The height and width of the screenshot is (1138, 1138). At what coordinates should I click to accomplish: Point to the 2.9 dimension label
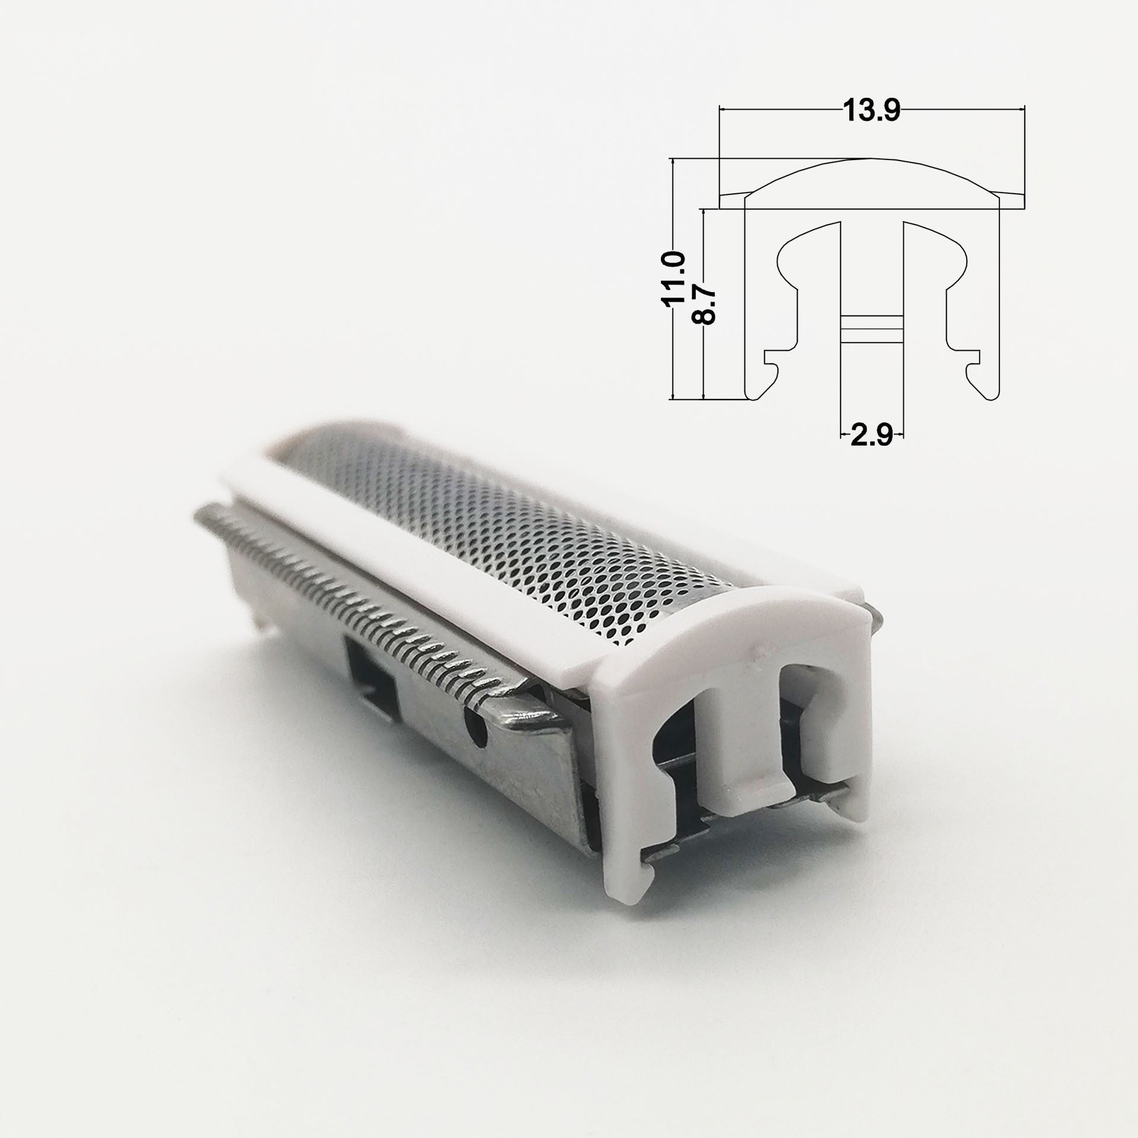872,436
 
